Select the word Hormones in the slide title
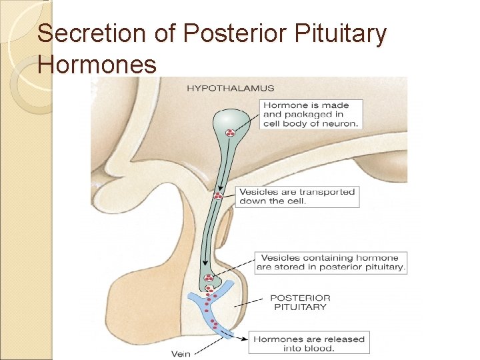tap(97, 64)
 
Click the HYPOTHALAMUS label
tap(230, 88)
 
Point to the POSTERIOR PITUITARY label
tap(301, 303)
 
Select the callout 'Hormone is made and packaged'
tap(311, 114)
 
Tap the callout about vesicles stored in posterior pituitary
tap(331, 262)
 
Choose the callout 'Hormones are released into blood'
tap(309, 343)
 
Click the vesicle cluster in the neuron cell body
tap(229, 133)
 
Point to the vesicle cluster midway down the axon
tap(217, 197)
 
